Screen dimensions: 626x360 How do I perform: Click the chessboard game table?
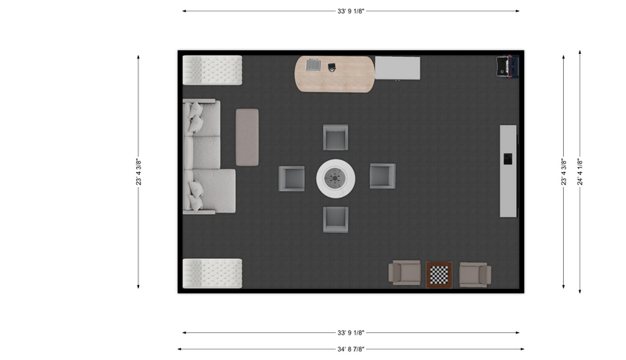[439, 275]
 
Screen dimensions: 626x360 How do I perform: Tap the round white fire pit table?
[336, 178]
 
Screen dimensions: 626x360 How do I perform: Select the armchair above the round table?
[335, 138]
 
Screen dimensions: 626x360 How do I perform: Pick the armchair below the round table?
[335, 219]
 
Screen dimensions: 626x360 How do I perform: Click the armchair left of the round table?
[292, 179]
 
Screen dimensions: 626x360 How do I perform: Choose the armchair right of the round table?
[382, 176]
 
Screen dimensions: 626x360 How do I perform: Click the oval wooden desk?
[334, 74]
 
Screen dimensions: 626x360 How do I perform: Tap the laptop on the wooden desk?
[313, 64]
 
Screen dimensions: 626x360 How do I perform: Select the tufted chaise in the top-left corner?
[212, 70]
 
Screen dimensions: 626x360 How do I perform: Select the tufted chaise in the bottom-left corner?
[212, 273]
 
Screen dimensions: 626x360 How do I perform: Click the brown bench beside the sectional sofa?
[247, 137]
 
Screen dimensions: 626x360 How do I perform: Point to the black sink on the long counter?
[508, 159]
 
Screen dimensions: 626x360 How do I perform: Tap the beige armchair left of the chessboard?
[405, 273]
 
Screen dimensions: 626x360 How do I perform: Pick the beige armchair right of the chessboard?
[475, 275]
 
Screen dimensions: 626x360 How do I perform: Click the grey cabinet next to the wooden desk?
[397, 68]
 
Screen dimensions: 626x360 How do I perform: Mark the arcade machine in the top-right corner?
[507, 67]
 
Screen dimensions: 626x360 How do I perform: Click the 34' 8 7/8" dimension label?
[351, 350]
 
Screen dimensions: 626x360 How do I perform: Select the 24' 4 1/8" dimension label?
[580, 172]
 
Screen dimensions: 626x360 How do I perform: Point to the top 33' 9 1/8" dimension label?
[351, 11]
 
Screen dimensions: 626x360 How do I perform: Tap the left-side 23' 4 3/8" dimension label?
[138, 172]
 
